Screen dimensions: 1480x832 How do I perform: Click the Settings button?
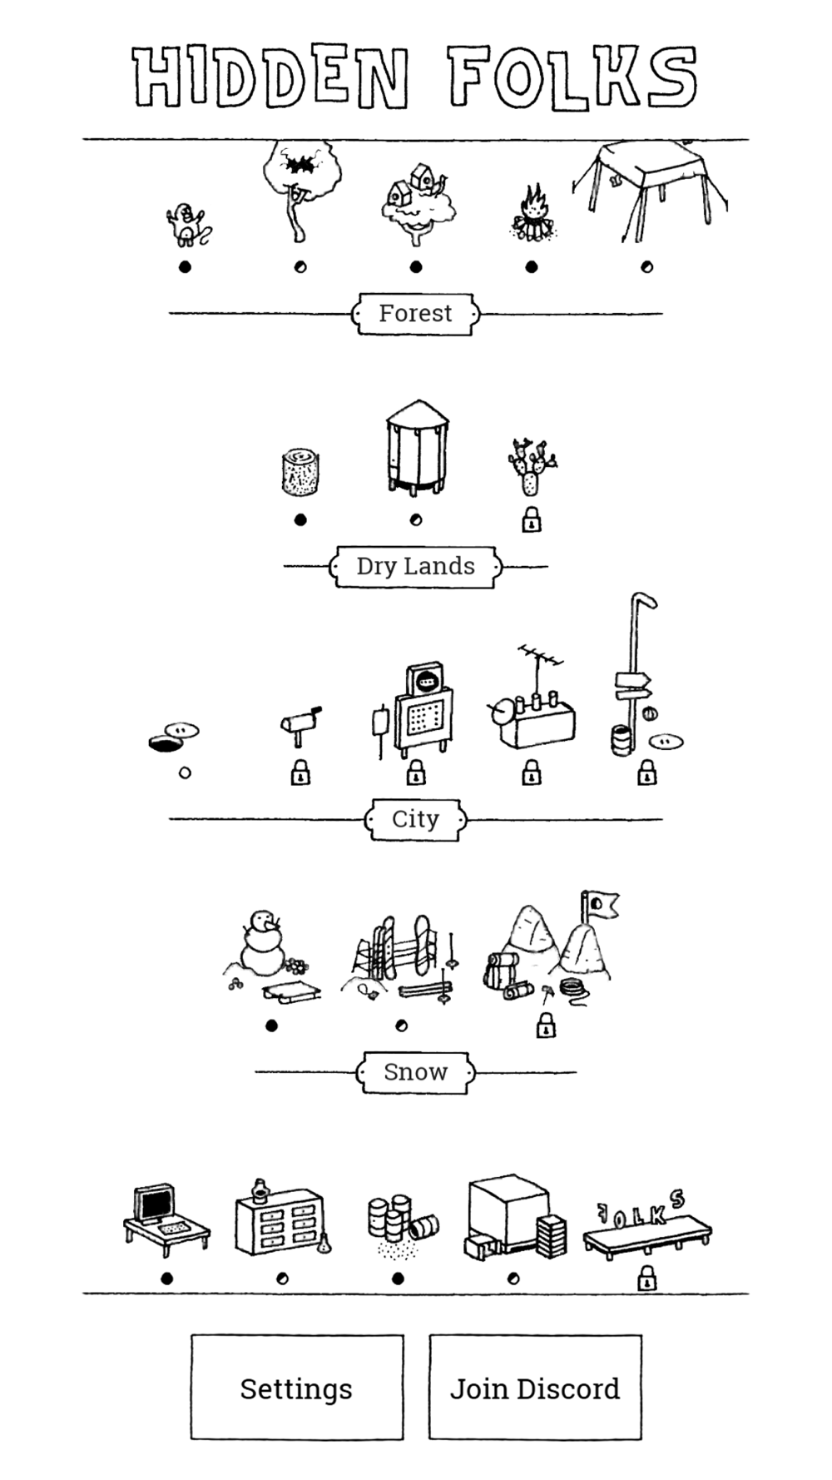point(297,1388)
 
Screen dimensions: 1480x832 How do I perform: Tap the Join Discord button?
point(535,1388)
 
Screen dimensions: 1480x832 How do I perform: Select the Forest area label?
point(416,314)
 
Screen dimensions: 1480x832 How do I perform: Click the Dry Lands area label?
point(416,567)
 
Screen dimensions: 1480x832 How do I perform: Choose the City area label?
point(416,820)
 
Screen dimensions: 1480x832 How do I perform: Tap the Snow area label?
point(416,1072)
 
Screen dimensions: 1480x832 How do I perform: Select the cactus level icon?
point(532,466)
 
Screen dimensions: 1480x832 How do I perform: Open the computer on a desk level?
point(164,1219)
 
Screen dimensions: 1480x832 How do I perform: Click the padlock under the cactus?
point(532,521)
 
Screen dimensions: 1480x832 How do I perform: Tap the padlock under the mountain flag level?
point(546,1025)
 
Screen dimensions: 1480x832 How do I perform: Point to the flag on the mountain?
point(600,904)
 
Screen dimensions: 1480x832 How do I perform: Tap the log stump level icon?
point(300,471)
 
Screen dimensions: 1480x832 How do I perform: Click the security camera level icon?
point(300,722)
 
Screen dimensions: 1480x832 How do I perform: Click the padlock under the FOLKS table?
point(646,1278)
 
